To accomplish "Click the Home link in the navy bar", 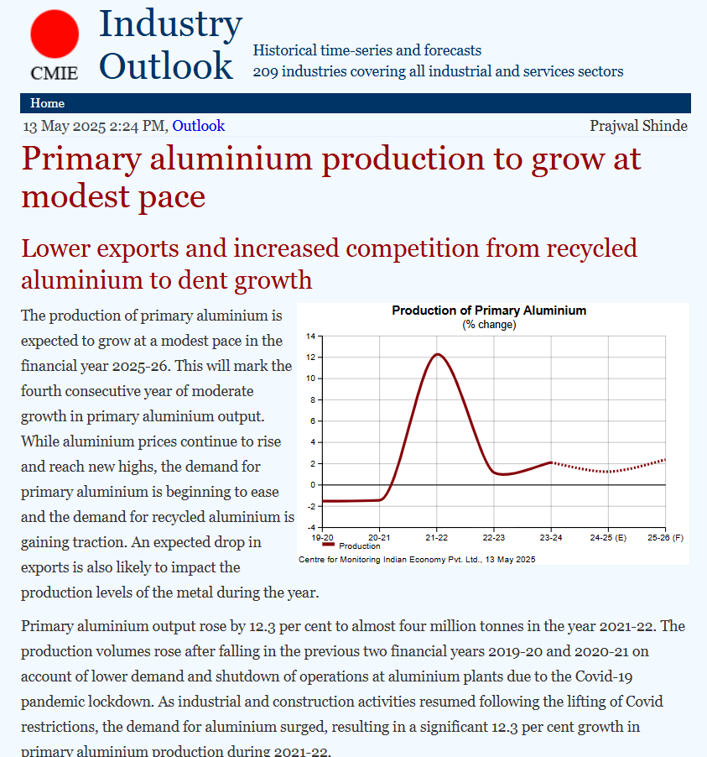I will click(x=47, y=103).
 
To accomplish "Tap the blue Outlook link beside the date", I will click(x=199, y=126).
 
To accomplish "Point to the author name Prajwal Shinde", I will click(x=638, y=126).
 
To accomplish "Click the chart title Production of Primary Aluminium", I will click(x=489, y=311).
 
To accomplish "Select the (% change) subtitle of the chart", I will click(x=489, y=324).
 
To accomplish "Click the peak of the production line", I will click(x=437, y=354).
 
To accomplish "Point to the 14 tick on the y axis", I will click(x=310, y=337).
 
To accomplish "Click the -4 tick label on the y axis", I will click(x=309, y=527).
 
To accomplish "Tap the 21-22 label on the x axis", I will click(x=436, y=536).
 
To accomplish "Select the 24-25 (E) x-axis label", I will click(x=608, y=536).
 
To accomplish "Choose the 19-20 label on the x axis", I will click(x=322, y=536).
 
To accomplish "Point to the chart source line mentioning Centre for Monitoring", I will click(x=417, y=559).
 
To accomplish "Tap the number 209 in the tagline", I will click(x=266, y=71).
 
